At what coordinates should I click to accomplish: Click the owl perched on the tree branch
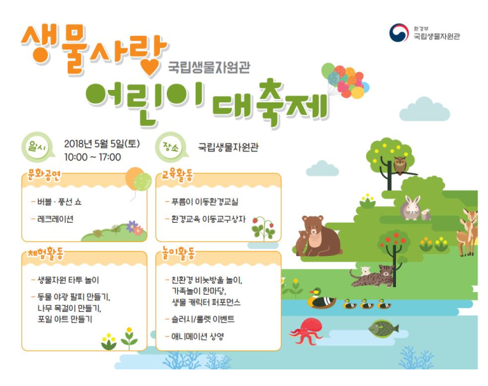coord(399,165)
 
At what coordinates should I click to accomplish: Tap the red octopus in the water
coord(306,331)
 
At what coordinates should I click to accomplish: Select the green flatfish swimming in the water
coord(383,329)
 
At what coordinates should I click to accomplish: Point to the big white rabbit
coord(410,208)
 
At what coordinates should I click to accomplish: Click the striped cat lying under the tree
coord(372,275)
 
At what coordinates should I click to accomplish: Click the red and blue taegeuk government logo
coord(399,33)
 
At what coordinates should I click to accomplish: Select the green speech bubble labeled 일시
coord(37,147)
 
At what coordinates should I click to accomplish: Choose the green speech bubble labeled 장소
coord(171,147)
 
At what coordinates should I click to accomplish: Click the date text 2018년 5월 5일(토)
coord(102,144)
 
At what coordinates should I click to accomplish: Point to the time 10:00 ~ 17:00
coord(93,157)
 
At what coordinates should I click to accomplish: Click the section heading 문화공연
coord(44,176)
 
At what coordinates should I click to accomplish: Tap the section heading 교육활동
coord(177,176)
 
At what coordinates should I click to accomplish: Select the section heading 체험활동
coord(46,253)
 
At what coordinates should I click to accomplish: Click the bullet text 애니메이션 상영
coord(197,336)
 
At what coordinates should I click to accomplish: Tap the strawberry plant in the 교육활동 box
coord(264,228)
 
